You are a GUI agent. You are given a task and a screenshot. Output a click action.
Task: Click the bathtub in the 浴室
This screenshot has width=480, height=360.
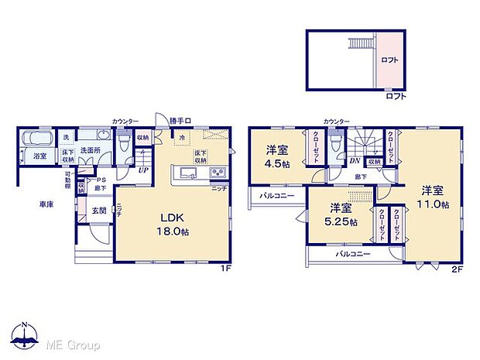click(x=36, y=141)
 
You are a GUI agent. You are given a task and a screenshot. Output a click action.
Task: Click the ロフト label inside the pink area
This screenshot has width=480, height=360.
click(x=389, y=59)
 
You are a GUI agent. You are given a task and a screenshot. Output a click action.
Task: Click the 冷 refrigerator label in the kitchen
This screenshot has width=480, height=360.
click(x=181, y=139)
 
